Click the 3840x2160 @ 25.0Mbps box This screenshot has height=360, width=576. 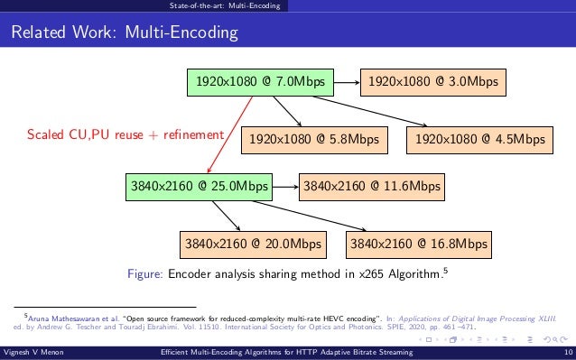(200, 188)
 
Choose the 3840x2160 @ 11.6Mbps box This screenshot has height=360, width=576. (370, 188)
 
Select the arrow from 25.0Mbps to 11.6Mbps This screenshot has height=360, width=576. (284, 188)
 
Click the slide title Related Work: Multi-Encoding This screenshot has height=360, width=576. (124, 34)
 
